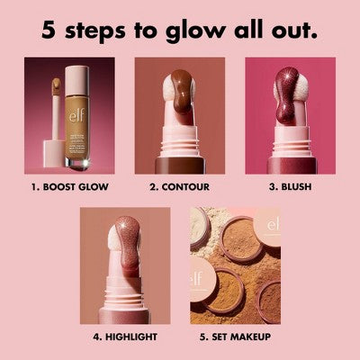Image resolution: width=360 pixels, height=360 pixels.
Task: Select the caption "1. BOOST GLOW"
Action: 70,189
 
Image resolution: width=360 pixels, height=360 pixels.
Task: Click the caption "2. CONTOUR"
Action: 180,189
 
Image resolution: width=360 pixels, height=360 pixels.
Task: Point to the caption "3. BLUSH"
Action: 290,189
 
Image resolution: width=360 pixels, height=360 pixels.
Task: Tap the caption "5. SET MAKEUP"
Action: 235,337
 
